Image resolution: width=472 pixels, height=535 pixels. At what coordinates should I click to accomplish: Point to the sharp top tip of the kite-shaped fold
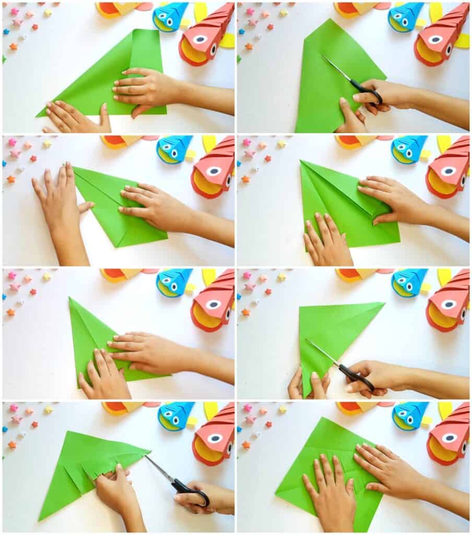[302, 162]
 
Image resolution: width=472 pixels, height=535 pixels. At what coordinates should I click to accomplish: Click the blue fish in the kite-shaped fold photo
[409, 148]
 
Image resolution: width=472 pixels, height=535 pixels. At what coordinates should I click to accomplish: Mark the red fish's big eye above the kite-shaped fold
[448, 171]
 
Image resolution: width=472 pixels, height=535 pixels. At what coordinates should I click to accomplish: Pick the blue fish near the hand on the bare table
[174, 148]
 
